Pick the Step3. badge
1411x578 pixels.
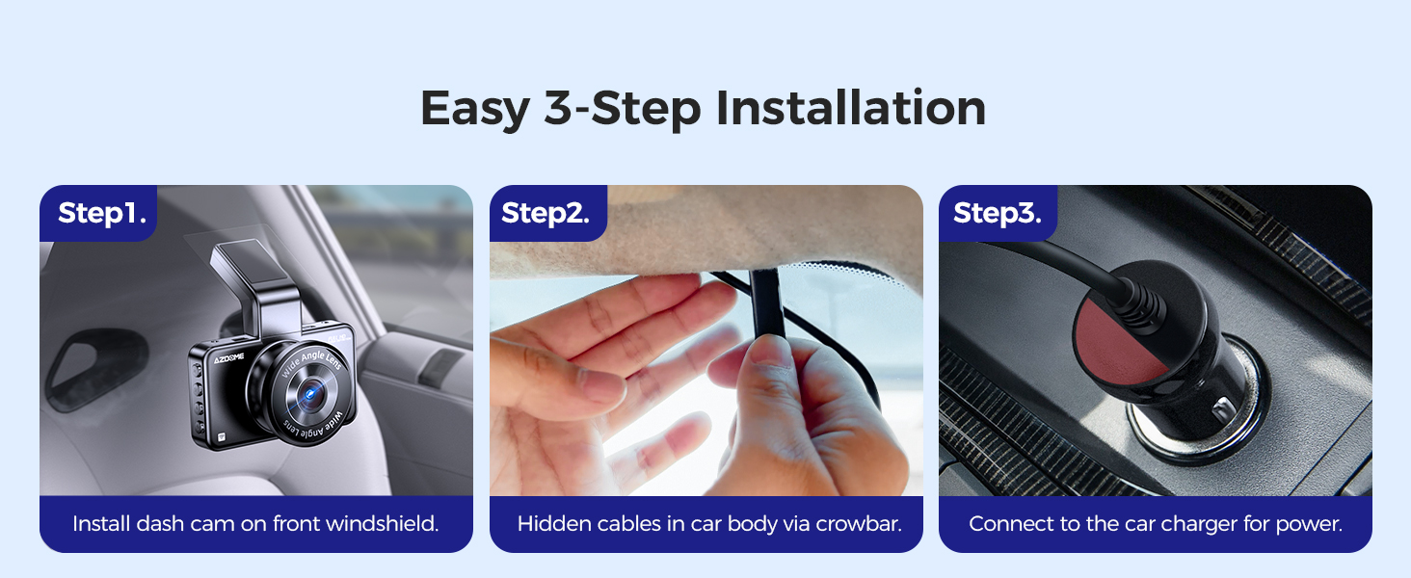pyautogui.click(x=997, y=213)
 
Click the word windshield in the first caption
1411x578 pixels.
pyautogui.click(x=383, y=524)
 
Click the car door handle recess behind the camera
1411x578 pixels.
pyautogui.click(x=81, y=371)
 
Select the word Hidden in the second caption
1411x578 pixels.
pyautogui.click(x=551, y=524)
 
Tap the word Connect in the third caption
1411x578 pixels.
pyautogui.click(x=1006, y=524)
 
